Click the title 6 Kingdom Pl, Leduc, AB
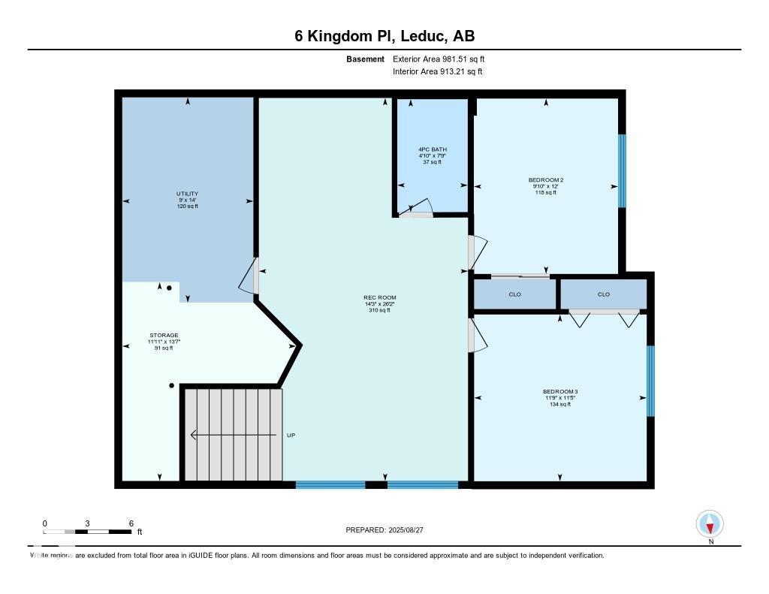pyautogui.click(x=384, y=36)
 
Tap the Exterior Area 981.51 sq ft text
pyautogui.click(x=444, y=59)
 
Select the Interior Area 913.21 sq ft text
pyautogui.click(x=437, y=72)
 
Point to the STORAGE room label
pyautogui.click(x=163, y=336)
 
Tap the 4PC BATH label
pyautogui.click(x=433, y=149)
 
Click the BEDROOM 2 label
pyautogui.click(x=546, y=180)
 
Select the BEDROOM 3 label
pyautogui.click(x=559, y=392)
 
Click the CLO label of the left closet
pyautogui.click(x=514, y=294)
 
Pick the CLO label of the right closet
pyautogui.click(x=604, y=294)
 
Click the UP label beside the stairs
pyautogui.click(x=291, y=435)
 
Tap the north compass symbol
pyautogui.click(x=710, y=523)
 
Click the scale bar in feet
pyautogui.click(x=88, y=532)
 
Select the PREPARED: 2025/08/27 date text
pyautogui.click(x=384, y=530)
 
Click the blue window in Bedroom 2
pyautogui.click(x=622, y=170)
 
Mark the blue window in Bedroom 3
pyautogui.click(x=650, y=381)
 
